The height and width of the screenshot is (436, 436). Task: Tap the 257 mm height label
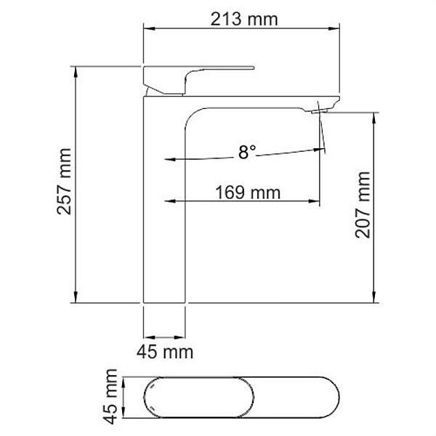(x=65, y=185)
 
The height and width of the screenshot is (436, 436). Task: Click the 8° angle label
(x=247, y=153)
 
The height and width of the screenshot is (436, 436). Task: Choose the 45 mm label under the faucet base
(x=165, y=352)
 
